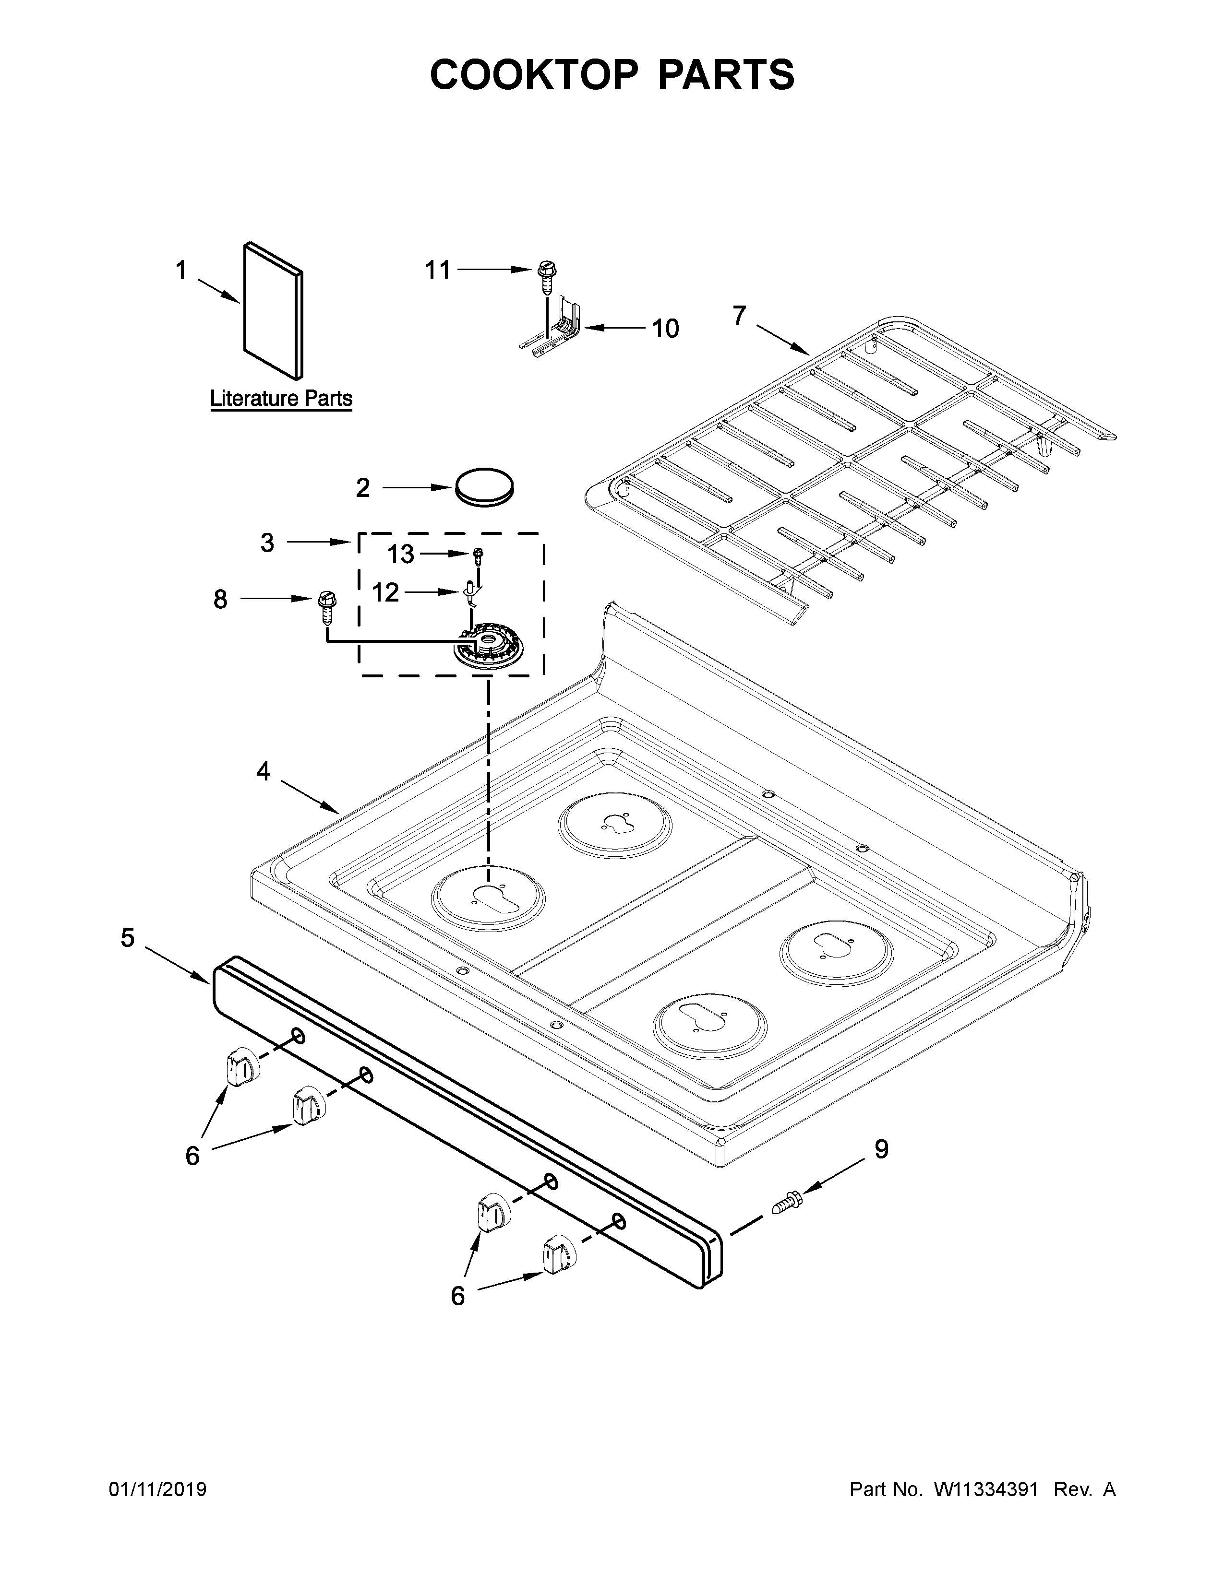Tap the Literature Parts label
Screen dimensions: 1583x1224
(281, 399)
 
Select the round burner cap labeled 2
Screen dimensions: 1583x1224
(484, 487)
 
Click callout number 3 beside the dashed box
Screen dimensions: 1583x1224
(267, 542)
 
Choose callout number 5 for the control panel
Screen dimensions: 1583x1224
(128, 938)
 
